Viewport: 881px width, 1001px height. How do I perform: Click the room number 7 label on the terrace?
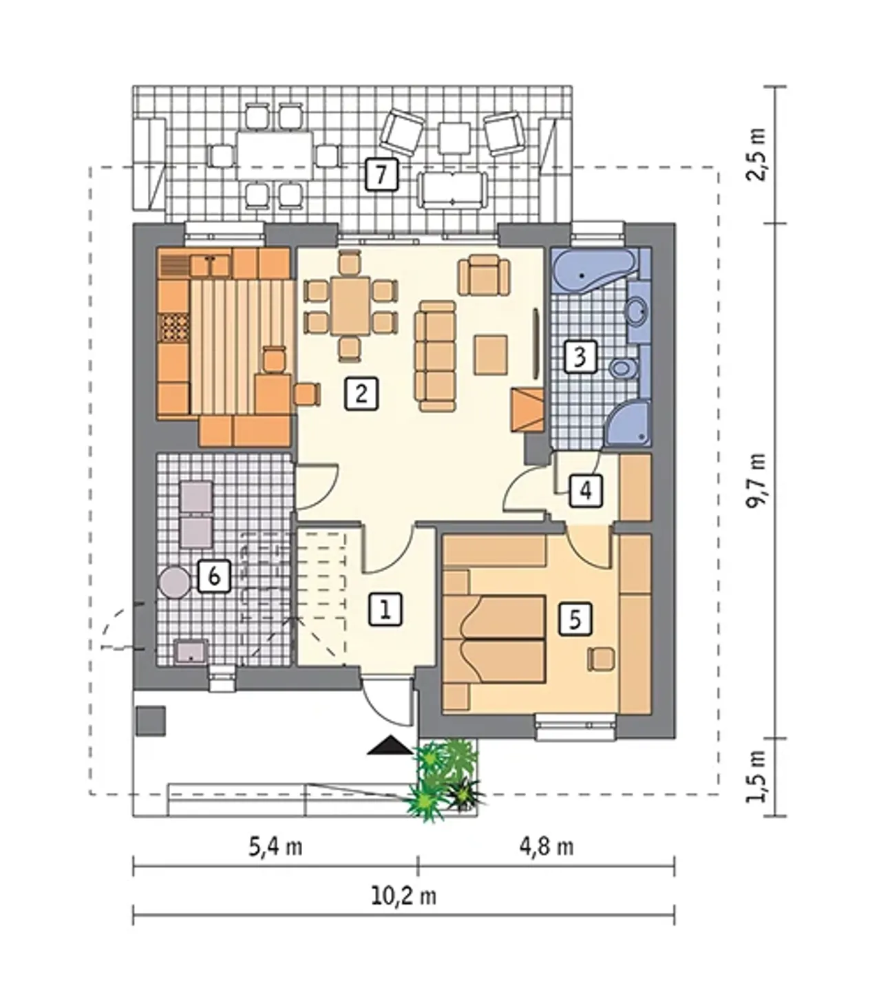(x=381, y=174)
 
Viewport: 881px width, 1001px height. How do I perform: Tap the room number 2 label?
(x=361, y=394)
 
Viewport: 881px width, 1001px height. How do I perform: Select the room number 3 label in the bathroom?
(x=580, y=356)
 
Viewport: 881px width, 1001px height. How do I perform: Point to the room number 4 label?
(x=586, y=491)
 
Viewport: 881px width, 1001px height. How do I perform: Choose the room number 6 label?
(x=214, y=576)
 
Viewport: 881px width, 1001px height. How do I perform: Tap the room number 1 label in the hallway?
(x=385, y=609)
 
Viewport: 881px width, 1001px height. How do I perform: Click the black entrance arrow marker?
(x=390, y=745)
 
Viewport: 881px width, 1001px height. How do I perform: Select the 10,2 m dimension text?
(x=404, y=896)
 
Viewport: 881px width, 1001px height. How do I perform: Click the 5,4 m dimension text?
(x=276, y=847)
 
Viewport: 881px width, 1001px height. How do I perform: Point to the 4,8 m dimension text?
(x=546, y=847)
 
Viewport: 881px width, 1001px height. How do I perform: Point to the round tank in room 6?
(x=174, y=583)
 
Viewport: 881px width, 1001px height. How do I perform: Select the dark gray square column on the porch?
(x=151, y=721)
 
